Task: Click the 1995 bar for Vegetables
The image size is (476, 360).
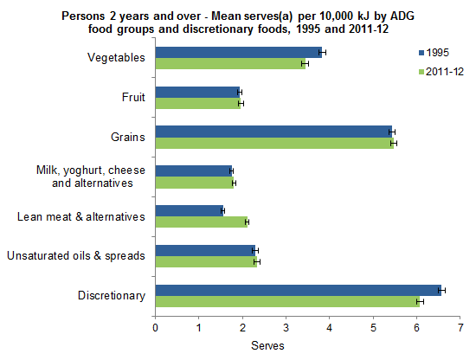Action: pyautogui.click(x=239, y=52)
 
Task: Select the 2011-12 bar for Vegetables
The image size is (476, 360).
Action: pyautogui.click(x=230, y=64)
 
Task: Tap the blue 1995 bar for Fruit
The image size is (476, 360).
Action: pyautogui.click(x=197, y=92)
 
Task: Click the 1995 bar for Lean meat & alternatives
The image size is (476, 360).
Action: pyautogui.click(x=189, y=210)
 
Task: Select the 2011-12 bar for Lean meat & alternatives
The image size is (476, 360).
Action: pyautogui.click(x=201, y=222)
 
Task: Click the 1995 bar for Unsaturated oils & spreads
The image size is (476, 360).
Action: pyautogui.click(x=205, y=250)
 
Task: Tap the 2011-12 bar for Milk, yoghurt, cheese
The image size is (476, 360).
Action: pyautogui.click(x=194, y=183)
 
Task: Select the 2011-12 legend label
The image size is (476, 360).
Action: pyautogui.click(x=447, y=71)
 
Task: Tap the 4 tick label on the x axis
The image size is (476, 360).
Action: pyautogui.click(x=330, y=328)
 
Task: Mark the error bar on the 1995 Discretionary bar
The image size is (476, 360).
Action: pyautogui.click(x=442, y=290)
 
